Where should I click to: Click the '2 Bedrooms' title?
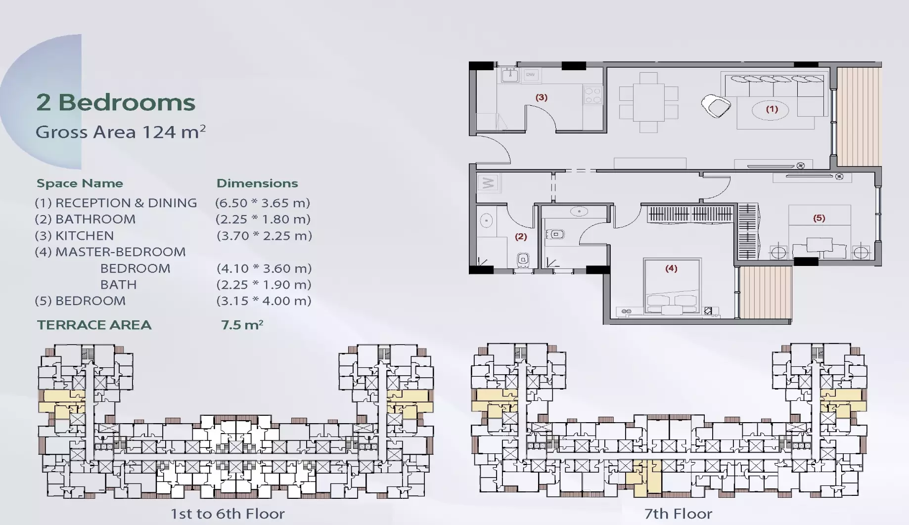116,102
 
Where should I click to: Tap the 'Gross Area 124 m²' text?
121,132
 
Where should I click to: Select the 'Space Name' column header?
80,183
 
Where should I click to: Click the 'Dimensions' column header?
257,183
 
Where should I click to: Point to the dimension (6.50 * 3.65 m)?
263,203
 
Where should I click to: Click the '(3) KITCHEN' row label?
74,236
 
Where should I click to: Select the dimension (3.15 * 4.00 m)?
264,301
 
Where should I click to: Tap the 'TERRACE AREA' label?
94,325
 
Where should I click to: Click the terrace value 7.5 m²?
242,324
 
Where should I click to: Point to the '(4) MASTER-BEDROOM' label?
110,252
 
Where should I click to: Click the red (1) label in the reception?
772,109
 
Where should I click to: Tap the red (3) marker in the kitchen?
542,97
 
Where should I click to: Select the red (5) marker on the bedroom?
819,218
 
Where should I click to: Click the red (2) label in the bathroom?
521,237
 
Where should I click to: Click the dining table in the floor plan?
648,103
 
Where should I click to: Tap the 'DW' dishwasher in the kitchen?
530,75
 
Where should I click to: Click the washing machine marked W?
489,183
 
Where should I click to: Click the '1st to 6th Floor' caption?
227,514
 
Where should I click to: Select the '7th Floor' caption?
678,514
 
